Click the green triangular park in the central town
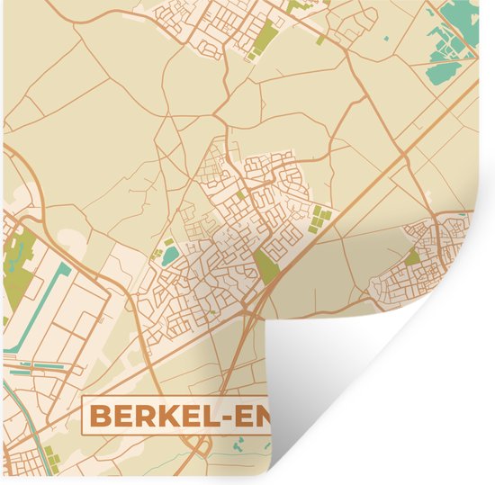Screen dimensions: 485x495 click(x=265, y=266)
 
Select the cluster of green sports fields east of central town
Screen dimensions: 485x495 click(x=319, y=216)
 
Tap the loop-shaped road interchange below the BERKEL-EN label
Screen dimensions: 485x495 click(x=202, y=446)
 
